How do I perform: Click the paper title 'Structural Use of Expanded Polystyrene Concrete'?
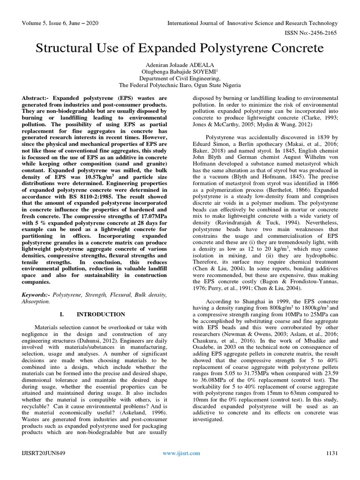click(180, 49)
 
